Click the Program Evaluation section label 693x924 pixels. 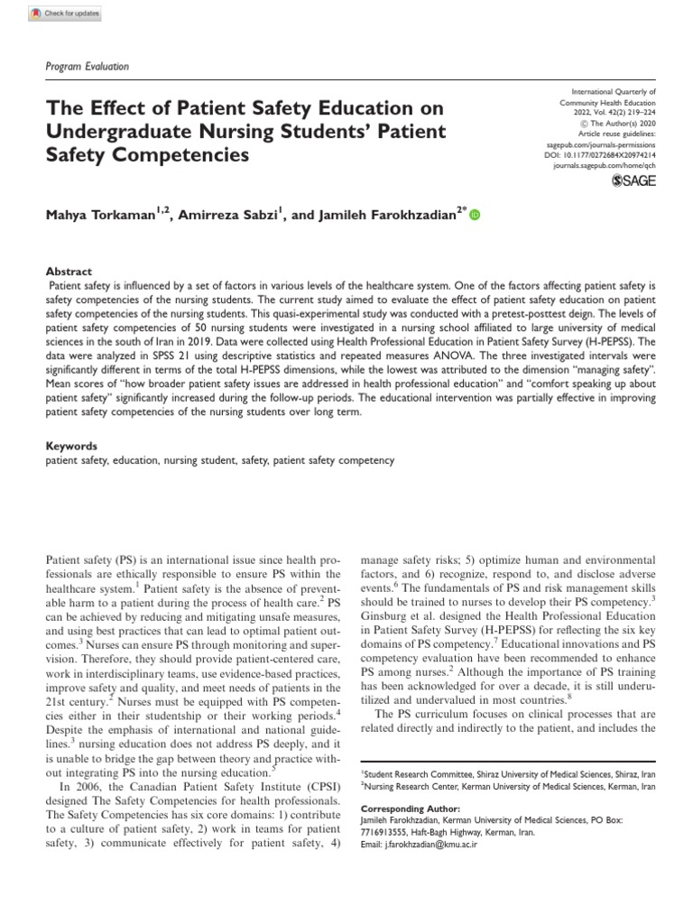(x=87, y=66)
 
